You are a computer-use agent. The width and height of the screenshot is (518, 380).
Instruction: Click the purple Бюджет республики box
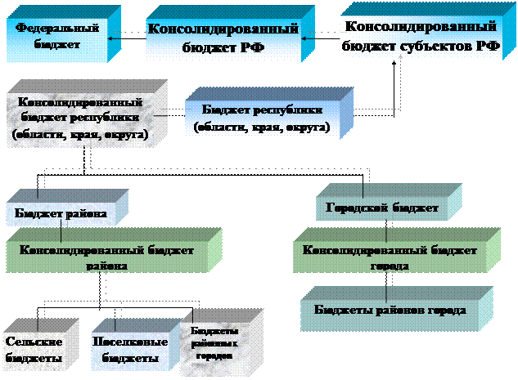262,118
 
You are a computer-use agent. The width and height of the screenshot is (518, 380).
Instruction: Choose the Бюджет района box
61,214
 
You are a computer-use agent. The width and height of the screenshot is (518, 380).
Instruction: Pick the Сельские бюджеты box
38,349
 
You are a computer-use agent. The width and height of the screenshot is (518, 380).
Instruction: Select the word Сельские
32,341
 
